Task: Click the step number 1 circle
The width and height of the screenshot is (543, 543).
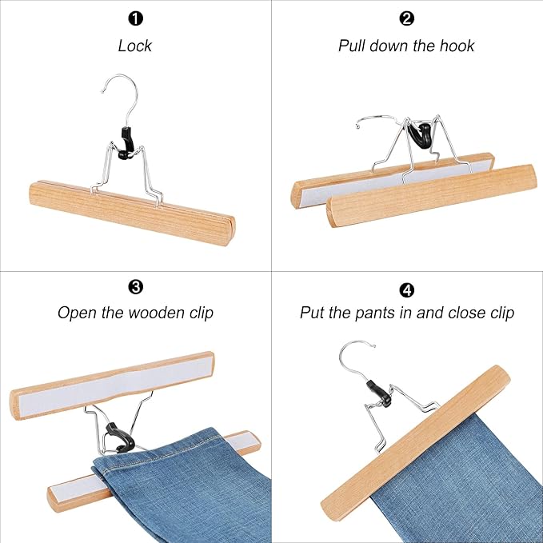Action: pos(134,18)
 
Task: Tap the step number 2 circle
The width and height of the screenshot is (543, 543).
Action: pos(406,18)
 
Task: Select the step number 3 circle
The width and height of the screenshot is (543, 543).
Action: pos(134,285)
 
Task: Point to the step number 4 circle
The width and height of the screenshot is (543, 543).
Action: pos(406,285)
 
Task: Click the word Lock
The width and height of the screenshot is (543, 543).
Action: pos(134,46)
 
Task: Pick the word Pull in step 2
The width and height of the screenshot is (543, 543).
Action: pos(353,46)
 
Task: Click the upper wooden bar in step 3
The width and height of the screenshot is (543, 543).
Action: pos(112,381)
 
